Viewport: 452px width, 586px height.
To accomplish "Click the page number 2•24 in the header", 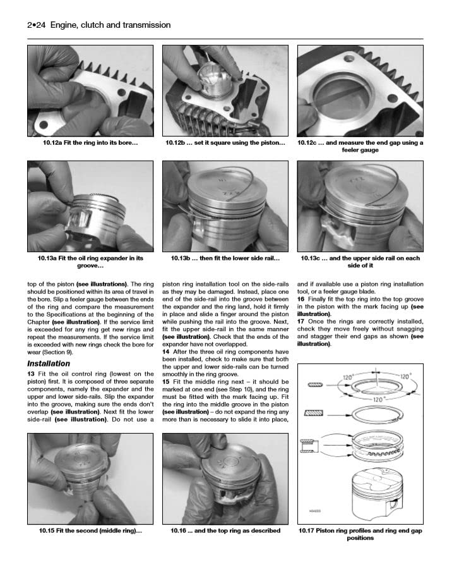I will coord(39,25).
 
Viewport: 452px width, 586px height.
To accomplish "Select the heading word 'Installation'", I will coord(48,364).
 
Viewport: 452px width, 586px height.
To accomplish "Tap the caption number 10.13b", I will coord(184,259).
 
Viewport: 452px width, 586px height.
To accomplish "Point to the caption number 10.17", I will coord(309,531).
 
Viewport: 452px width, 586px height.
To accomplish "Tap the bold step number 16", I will coord(301,299).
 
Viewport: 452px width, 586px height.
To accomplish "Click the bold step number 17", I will coord(301,322).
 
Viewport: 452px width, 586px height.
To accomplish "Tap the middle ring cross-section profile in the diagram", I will coord(314,413).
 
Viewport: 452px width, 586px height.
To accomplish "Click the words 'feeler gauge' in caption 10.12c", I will coord(360,150).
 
